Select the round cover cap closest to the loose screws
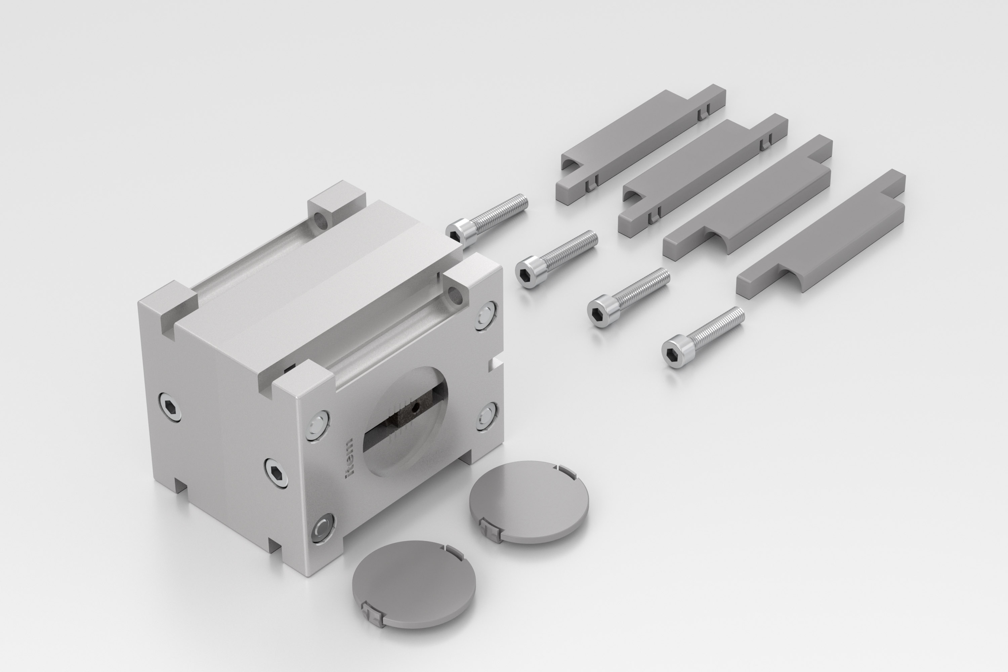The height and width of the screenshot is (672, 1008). tap(529, 502)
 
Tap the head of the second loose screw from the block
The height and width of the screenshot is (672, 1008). tap(531, 272)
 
